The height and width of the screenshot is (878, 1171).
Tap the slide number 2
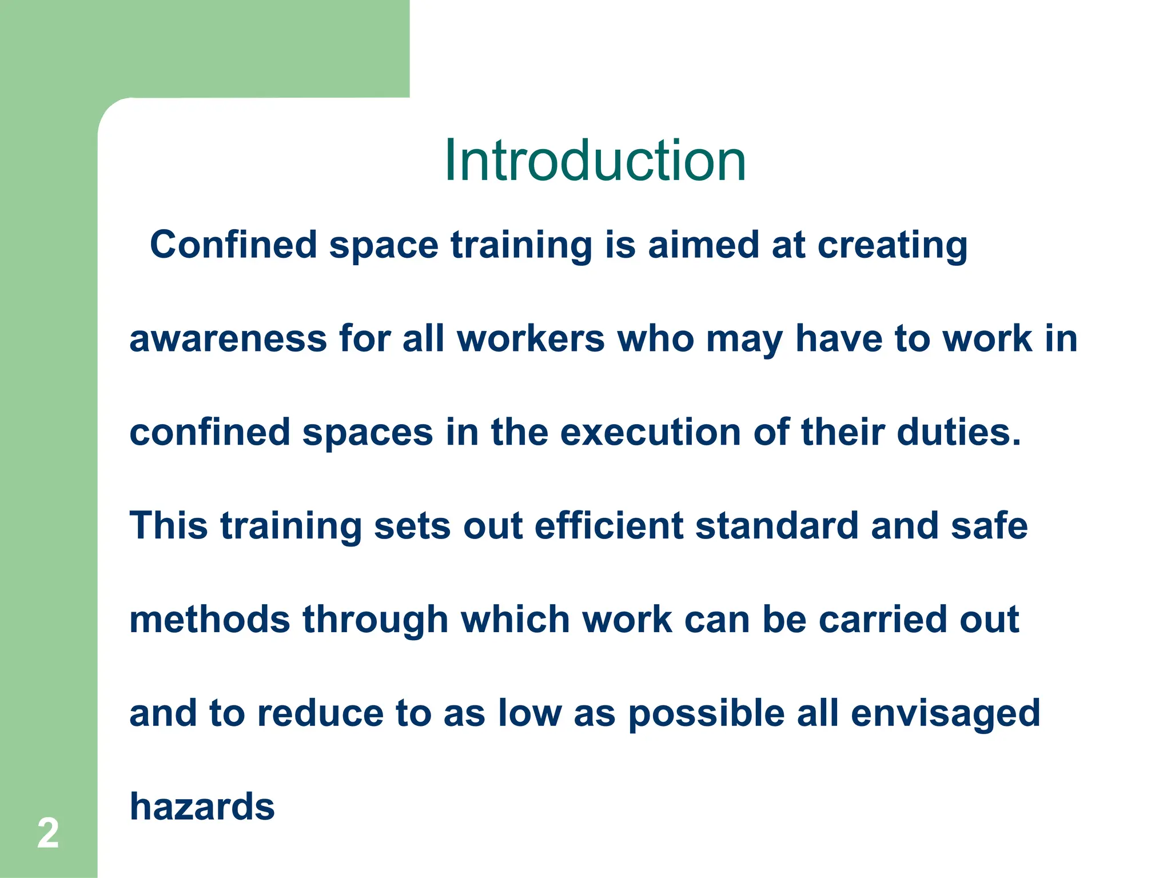[x=48, y=833]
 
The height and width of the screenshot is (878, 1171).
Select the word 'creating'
[x=892, y=246]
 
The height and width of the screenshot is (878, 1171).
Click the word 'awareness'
[x=228, y=338]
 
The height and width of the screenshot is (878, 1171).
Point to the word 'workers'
[x=530, y=338]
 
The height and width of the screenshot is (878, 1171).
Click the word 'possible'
[x=706, y=714]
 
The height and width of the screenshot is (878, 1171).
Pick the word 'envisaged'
[x=946, y=714]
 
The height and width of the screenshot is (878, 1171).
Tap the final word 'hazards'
[x=202, y=807]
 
